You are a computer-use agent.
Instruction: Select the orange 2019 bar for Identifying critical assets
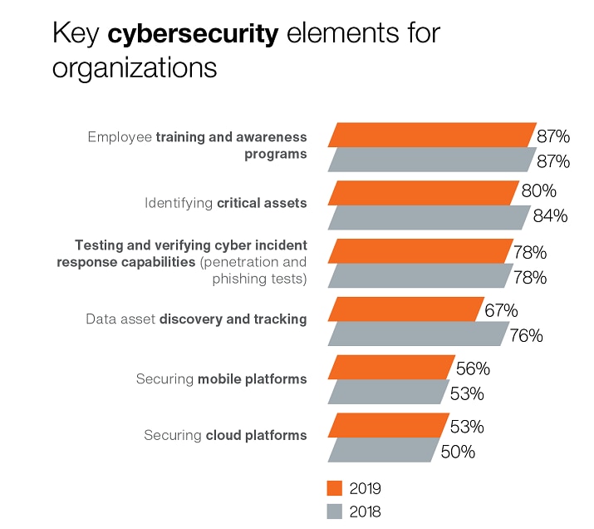coord(424,193)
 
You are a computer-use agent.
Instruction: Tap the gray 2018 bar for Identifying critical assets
coord(429,217)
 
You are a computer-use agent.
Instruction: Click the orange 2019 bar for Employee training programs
coord(433,135)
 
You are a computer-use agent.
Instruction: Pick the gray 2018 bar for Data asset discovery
coord(418,334)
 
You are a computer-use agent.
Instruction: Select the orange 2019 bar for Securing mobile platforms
coord(391,368)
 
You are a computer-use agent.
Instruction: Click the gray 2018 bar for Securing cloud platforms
coord(383,450)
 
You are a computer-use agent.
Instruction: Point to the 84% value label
coord(550,216)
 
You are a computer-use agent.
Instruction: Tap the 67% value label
coord(501,310)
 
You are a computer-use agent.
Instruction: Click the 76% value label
coord(526,335)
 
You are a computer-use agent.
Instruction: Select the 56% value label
coord(473,368)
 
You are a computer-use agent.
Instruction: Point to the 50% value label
coord(458,452)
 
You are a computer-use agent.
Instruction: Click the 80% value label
coord(538,191)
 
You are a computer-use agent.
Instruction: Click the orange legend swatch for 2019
coord(336,488)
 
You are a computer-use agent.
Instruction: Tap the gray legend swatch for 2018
coord(336,512)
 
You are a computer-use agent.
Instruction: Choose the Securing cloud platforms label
coord(225,435)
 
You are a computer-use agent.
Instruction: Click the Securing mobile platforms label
coord(221,379)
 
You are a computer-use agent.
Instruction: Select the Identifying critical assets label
coord(225,203)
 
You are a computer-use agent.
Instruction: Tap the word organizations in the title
coord(135,68)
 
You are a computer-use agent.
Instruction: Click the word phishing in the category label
coord(255,279)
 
